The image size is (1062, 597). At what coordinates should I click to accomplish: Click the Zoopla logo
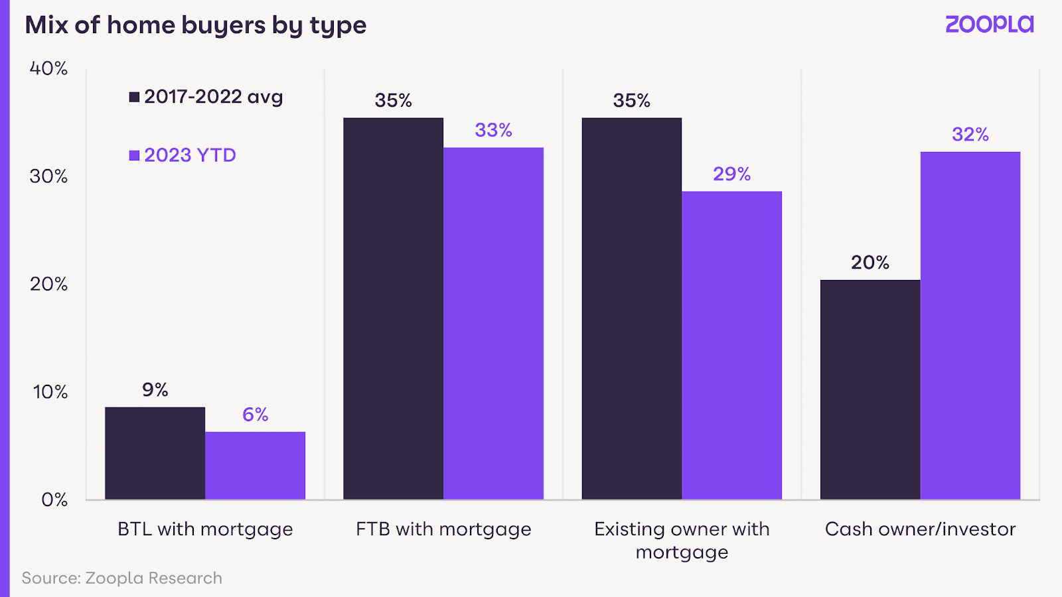click(x=989, y=25)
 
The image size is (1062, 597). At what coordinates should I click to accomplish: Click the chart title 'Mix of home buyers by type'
click(x=196, y=25)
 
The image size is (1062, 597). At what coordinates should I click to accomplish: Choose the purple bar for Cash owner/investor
click(x=970, y=325)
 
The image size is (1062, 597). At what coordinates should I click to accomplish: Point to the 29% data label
click(x=731, y=174)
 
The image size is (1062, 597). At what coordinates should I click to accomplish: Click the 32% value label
click(x=970, y=135)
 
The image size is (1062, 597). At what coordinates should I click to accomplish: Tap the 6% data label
click(x=255, y=415)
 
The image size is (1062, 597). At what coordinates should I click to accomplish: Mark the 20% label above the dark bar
click(x=870, y=263)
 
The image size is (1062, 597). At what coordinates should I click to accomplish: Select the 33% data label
click(x=493, y=130)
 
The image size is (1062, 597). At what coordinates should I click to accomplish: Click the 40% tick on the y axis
click(x=48, y=68)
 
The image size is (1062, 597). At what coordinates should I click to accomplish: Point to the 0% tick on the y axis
click(x=54, y=499)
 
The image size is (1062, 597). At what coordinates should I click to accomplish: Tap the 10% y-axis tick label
click(x=50, y=392)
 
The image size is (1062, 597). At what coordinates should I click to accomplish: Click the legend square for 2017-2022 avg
click(x=134, y=97)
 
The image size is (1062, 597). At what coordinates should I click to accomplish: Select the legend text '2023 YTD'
click(x=190, y=155)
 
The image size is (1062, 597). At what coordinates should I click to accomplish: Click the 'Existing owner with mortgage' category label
click(x=682, y=540)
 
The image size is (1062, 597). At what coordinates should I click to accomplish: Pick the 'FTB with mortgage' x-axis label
click(x=443, y=529)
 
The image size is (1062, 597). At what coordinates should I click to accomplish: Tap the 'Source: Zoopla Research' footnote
click(x=122, y=578)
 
